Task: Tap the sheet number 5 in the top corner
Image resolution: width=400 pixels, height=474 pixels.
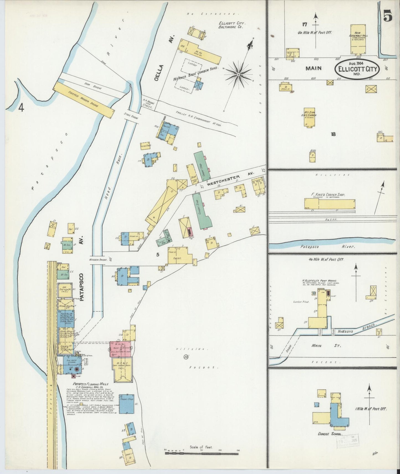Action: click(x=388, y=17)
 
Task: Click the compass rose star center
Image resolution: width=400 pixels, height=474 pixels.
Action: click(x=238, y=75)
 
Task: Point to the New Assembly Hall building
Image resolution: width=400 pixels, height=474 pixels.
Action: click(x=358, y=39)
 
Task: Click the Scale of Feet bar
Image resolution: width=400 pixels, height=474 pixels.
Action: click(x=202, y=453)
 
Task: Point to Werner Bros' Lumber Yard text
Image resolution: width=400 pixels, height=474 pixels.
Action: click(x=195, y=74)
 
